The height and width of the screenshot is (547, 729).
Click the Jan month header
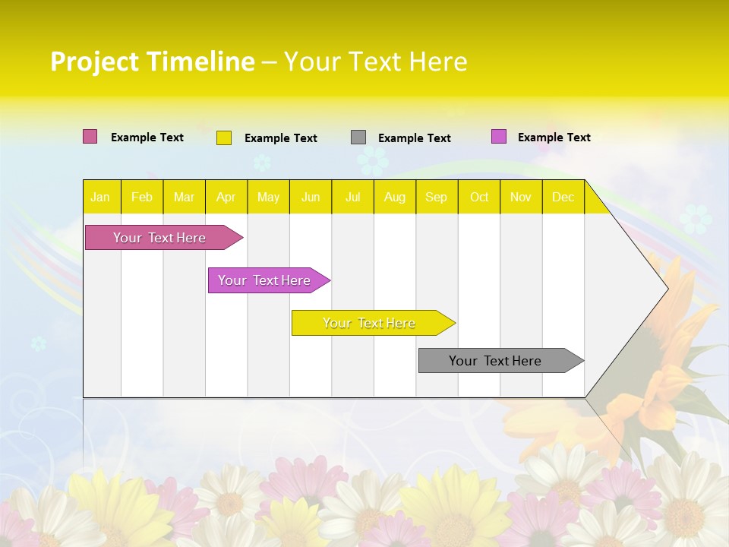coord(100,198)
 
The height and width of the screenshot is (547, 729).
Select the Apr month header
coord(226,198)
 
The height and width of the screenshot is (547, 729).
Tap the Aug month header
coord(395,198)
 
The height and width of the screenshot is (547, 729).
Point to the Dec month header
coord(563,198)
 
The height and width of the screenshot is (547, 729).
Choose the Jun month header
coord(311,198)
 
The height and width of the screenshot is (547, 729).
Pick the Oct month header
coord(479,198)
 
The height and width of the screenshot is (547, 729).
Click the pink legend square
coord(90,137)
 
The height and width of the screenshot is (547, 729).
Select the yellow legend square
coord(224,138)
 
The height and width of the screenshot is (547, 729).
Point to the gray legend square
coord(358,138)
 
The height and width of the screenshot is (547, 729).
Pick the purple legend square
coord(499,137)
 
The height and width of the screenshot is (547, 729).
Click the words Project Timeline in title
coord(152,62)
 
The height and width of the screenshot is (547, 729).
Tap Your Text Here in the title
coord(375,62)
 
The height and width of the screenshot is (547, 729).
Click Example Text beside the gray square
coord(415,138)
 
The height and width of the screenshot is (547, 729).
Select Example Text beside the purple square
coord(554,138)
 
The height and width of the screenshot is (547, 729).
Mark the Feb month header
coord(142,198)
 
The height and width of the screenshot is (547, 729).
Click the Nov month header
coord(521,198)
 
